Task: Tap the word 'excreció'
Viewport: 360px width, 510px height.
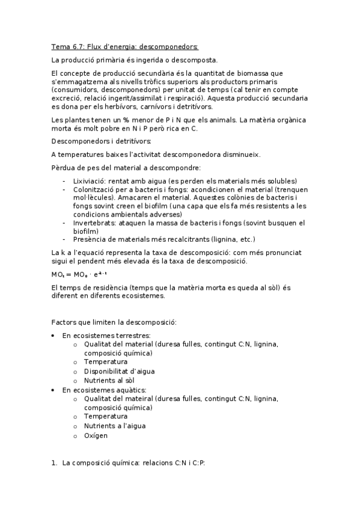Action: pos(67,97)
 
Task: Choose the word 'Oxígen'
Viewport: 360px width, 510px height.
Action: pos(96,435)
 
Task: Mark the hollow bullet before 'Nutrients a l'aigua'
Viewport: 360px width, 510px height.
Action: pos(75,426)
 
